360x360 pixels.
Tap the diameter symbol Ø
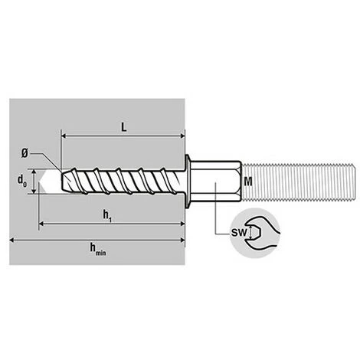point(25,154)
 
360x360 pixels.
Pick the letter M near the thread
point(248,182)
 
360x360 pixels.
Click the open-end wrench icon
point(261,233)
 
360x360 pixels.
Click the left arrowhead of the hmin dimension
point(13,241)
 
